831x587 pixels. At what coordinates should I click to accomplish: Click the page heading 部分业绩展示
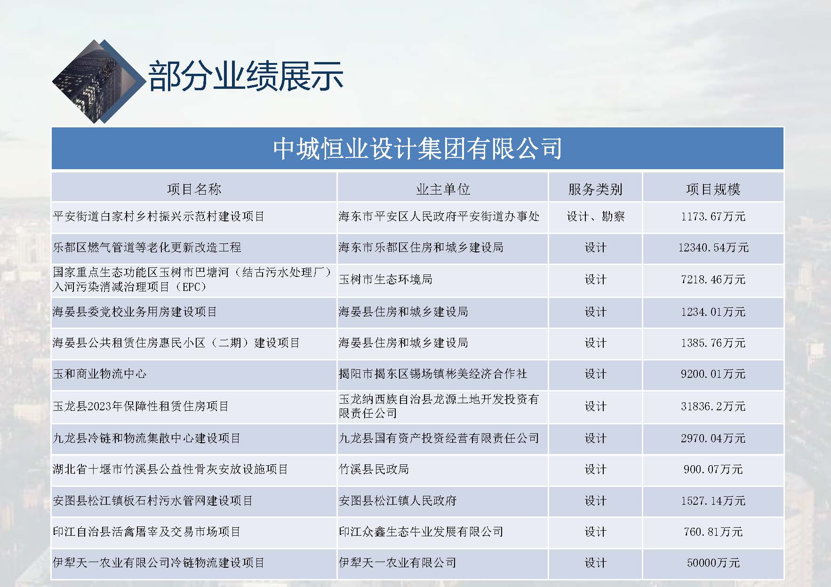[x=246, y=76]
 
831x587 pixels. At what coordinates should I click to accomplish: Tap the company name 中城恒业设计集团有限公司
[x=417, y=149]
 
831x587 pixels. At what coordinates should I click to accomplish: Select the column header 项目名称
[x=194, y=189]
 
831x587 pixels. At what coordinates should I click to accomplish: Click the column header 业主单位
[x=443, y=189]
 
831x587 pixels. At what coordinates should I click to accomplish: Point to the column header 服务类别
[x=595, y=189]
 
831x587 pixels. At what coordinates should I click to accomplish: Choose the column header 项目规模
[x=713, y=189]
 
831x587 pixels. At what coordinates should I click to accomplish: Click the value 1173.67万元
[x=713, y=217]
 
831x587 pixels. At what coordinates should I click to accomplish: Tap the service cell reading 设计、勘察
[x=595, y=217]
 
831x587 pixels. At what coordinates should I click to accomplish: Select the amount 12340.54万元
[x=713, y=248]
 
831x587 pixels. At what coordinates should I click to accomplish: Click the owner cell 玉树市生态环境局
[x=385, y=279]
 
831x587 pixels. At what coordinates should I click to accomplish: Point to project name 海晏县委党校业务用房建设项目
[x=135, y=312]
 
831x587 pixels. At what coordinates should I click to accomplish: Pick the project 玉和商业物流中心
[x=100, y=374]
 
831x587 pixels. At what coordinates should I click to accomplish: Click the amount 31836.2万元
[x=713, y=407]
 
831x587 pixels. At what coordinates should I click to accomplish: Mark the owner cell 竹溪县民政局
[x=374, y=469]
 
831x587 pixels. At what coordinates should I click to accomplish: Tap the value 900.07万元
[x=713, y=470]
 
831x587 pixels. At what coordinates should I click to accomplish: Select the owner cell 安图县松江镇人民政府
[x=398, y=501]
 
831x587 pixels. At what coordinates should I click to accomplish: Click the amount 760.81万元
[x=713, y=532]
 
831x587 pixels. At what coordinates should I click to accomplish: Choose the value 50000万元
[x=713, y=563]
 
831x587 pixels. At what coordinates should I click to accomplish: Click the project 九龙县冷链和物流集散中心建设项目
[x=147, y=438]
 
